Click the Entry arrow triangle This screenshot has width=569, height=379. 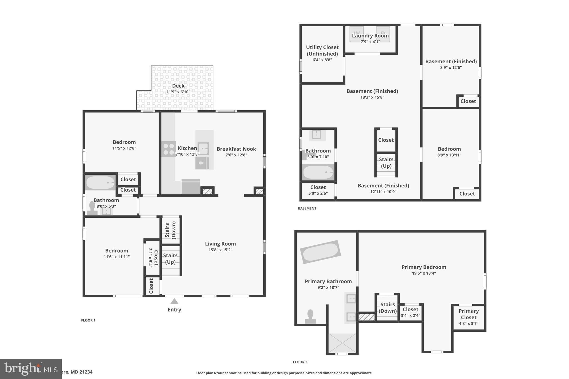click(174, 301)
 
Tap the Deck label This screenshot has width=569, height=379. click(178, 86)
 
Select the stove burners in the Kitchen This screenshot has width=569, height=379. click(168, 149)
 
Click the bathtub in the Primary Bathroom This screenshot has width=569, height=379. click(320, 252)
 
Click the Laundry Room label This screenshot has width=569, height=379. click(370, 36)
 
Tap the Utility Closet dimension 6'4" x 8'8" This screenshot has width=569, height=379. click(322, 60)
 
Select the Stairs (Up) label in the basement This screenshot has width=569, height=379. click(386, 162)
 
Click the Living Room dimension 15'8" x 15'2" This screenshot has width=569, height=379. click(220, 250)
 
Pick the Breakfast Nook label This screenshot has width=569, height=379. click(236, 149)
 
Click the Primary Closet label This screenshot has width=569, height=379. click(468, 314)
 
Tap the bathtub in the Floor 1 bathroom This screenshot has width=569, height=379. click(100, 182)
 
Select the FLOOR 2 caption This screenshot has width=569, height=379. click(300, 362)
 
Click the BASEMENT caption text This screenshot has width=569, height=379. click(307, 208)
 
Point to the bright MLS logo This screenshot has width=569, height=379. click(31, 369)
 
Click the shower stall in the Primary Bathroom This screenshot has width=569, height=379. click(342, 343)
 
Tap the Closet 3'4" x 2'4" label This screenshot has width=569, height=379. click(410, 312)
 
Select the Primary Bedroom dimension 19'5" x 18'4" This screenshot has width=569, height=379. click(424, 273)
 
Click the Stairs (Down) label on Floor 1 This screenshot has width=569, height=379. click(170, 230)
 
